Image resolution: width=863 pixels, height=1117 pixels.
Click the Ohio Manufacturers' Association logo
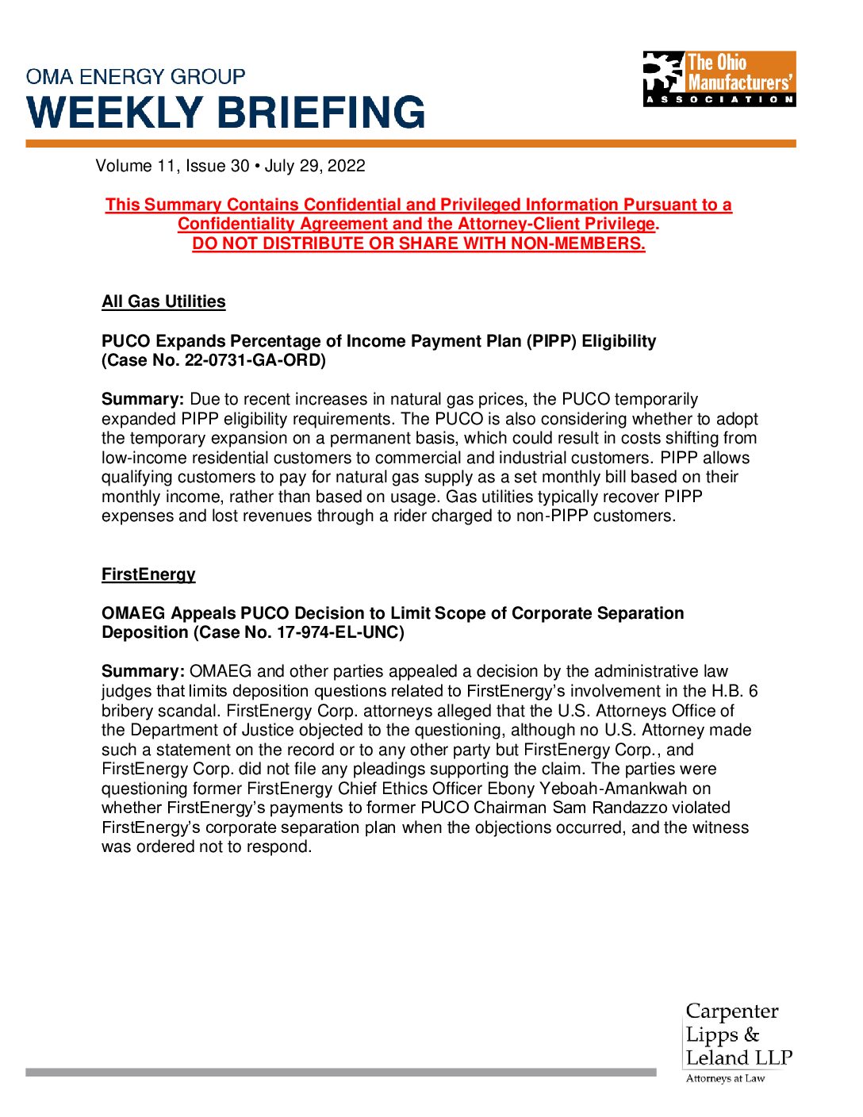point(719,79)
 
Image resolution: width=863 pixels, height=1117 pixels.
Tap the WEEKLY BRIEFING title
point(226,113)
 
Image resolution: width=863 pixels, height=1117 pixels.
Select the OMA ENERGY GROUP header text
point(136,77)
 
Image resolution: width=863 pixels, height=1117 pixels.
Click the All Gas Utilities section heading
point(163,301)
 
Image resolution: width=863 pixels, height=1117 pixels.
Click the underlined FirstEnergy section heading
point(148,574)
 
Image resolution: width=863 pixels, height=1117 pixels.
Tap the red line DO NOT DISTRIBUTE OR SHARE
point(419,244)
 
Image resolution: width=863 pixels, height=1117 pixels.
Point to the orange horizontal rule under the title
point(411,144)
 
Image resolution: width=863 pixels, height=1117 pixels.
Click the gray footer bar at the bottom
point(341,1072)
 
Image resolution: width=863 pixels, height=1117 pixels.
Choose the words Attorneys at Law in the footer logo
point(725,1078)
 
